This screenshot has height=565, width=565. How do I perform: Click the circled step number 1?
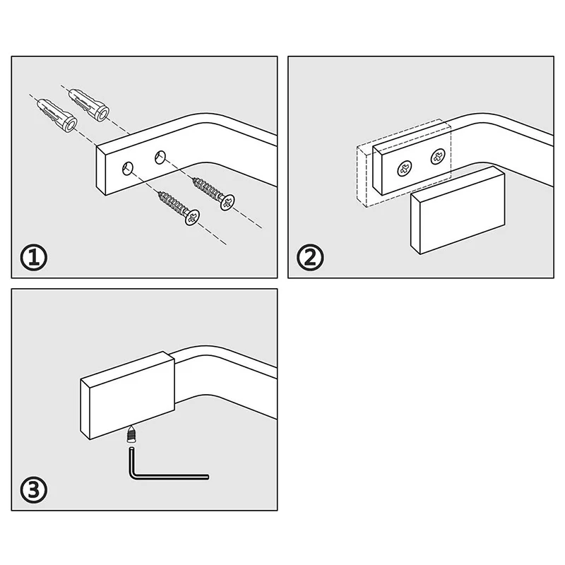[33, 258]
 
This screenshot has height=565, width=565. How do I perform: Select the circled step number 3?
[33, 489]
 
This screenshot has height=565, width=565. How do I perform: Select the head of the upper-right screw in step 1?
[227, 202]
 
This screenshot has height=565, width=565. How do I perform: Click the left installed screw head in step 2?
[405, 169]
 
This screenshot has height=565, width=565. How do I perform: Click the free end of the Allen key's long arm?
[206, 477]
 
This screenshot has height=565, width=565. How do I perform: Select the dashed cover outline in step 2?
[362, 177]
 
